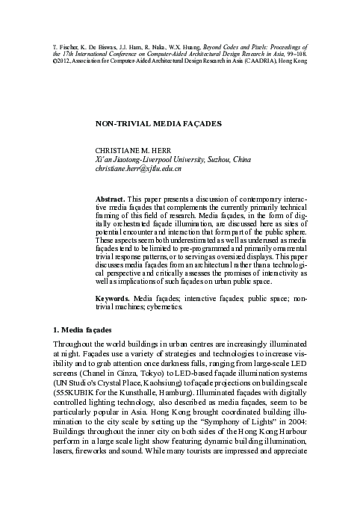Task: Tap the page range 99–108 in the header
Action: (294, 52)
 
